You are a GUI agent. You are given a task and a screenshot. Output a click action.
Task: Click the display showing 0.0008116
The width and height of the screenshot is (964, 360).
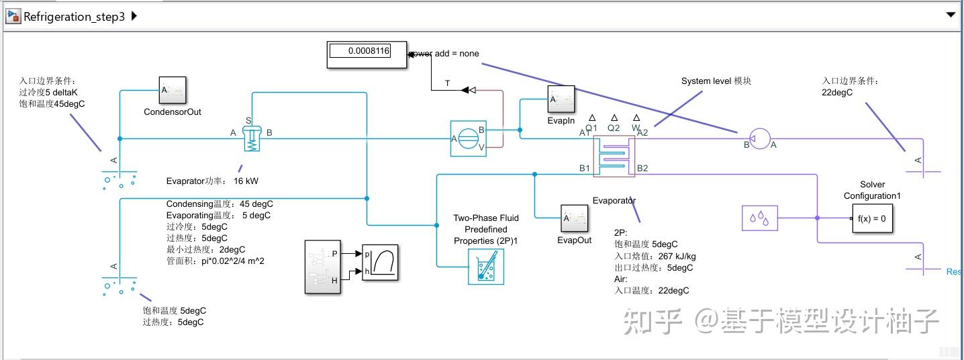tap(367, 54)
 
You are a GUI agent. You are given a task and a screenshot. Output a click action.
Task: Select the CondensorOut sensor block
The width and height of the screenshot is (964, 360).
tap(173, 91)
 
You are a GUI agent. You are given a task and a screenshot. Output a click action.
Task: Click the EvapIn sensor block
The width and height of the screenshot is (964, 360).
tap(561, 100)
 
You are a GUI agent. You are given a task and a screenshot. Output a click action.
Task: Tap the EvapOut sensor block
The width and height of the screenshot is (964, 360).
tap(575, 218)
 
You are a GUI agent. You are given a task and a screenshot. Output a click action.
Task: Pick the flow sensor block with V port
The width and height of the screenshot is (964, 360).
tap(468, 139)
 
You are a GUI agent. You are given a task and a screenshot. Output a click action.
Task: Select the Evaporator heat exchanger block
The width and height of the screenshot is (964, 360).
tap(614, 155)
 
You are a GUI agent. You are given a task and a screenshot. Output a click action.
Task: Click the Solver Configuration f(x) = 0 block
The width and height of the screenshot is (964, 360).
tap(872, 218)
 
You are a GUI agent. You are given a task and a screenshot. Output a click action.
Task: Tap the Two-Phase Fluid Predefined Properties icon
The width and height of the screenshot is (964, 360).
tap(485, 267)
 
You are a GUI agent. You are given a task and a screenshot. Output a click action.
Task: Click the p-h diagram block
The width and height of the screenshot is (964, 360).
tap(380, 263)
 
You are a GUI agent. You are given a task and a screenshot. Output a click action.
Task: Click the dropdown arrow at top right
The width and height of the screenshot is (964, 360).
tap(950, 15)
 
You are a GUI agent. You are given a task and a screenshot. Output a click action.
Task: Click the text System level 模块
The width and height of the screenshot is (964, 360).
tap(716, 81)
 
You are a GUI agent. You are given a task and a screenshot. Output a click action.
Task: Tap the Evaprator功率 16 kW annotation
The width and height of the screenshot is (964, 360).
tap(212, 181)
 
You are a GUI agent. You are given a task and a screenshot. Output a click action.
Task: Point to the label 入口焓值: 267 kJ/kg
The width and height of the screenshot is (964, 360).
tap(655, 256)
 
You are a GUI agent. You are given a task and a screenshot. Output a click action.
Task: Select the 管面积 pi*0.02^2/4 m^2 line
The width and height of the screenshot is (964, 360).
tap(215, 261)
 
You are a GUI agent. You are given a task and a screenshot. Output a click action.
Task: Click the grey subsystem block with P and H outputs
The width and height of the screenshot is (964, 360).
tap(324, 267)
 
